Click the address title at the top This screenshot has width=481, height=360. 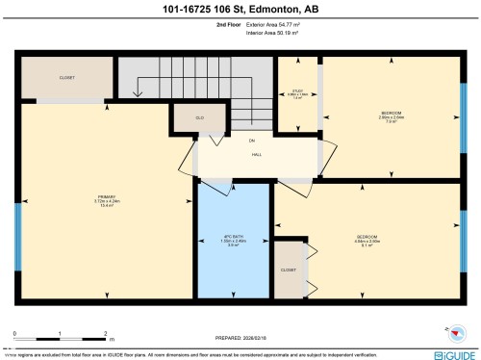240,11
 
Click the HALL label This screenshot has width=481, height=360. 257,154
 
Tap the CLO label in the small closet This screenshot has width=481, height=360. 187,117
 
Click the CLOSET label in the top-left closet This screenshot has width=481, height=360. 66,77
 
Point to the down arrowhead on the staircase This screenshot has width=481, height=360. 140,95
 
